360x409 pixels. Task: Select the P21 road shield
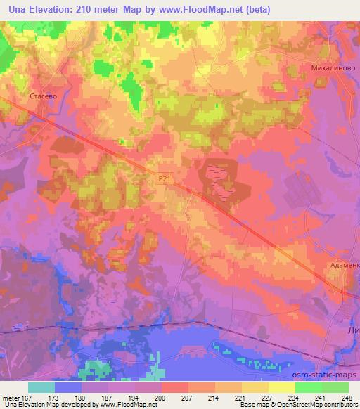coord(164,180)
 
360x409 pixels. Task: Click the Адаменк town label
coord(345,266)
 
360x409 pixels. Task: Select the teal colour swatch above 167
coord(41,387)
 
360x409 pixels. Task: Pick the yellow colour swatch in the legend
coord(282,387)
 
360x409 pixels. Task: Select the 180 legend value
coord(82,398)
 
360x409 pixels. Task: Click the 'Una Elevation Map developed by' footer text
coord(44,405)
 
